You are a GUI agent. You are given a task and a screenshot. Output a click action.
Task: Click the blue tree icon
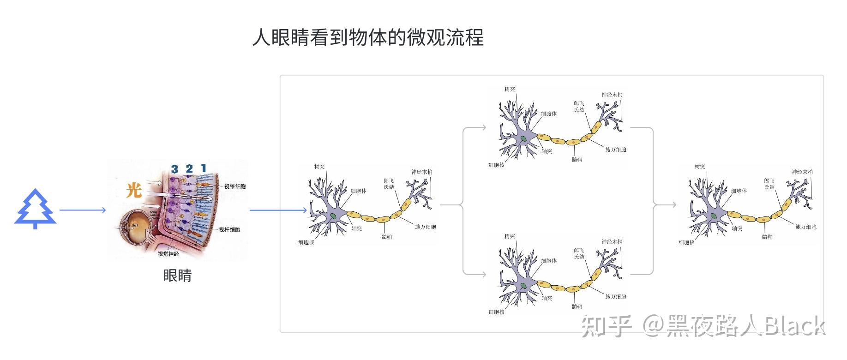[x=36, y=209]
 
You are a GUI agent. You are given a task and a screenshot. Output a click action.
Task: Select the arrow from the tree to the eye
[x=83, y=210]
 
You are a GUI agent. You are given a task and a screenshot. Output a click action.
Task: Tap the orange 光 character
[x=134, y=190]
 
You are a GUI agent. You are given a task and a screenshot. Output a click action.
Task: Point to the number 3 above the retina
[x=174, y=169]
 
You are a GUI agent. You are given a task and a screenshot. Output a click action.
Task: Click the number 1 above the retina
[x=204, y=168]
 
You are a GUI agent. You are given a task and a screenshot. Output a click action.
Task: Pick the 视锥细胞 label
[x=235, y=186]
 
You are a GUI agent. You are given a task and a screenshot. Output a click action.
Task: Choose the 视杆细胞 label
[x=229, y=229]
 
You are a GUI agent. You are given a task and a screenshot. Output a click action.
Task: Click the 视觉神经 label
[x=168, y=254]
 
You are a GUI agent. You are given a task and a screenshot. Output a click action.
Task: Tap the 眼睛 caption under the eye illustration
[x=177, y=276]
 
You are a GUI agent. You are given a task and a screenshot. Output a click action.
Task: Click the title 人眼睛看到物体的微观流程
[x=368, y=37]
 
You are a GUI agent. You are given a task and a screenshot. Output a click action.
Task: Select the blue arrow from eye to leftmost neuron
[x=278, y=210]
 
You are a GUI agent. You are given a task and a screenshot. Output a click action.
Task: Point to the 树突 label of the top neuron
[x=510, y=89]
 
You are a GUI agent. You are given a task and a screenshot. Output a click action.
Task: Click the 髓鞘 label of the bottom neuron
[x=577, y=306]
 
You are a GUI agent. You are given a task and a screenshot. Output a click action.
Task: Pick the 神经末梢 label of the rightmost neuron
[x=802, y=172]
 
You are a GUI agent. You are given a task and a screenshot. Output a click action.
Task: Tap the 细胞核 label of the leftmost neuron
[x=306, y=242]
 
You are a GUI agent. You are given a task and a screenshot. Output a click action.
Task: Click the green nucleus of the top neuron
[x=523, y=138]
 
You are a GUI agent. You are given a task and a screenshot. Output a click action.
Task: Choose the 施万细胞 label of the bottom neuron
[x=616, y=296]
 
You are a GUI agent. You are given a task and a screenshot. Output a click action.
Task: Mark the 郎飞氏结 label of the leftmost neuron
[x=389, y=184]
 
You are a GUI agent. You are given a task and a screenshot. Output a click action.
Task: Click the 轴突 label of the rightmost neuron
[x=737, y=228]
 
